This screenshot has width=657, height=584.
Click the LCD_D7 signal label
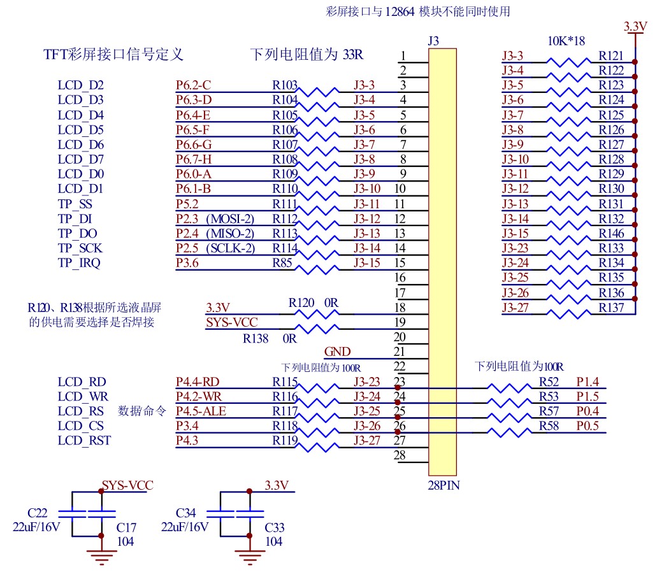pyautogui.click(x=80, y=159)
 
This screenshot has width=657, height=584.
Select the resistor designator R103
pyautogui.click(x=285, y=85)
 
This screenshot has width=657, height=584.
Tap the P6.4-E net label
pyautogui.click(x=193, y=115)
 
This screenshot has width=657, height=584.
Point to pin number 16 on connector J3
pyautogui.click(x=400, y=278)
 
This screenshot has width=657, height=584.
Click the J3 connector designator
pyautogui.click(x=433, y=41)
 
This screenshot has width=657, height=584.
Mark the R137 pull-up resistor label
pyautogui.click(x=611, y=308)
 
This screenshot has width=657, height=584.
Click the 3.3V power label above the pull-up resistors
pyautogui.click(x=635, y=27)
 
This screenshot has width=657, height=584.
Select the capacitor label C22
pyautogui.click(x=38, y=513)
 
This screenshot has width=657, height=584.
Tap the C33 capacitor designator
pyautogui.click(x=275, y=527)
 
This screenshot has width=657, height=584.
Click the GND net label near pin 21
pyautogui.click(x=337, y=352)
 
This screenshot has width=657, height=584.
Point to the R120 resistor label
pyautogui.click(x=301, y=303)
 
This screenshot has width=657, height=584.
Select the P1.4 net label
pyautogui.click(x=588, y=382)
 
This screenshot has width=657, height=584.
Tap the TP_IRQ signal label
pyautogui.click(x=79, y=263)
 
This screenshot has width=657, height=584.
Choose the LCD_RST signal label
pyautogui.click(x=84, y=440)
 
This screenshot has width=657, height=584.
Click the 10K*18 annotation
pyautogui.click(x=567, y=41)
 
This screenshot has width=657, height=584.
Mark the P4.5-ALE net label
pyautogui.click(x=201, y=411)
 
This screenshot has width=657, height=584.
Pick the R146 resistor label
pyautogui.click(x=611, y=234)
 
